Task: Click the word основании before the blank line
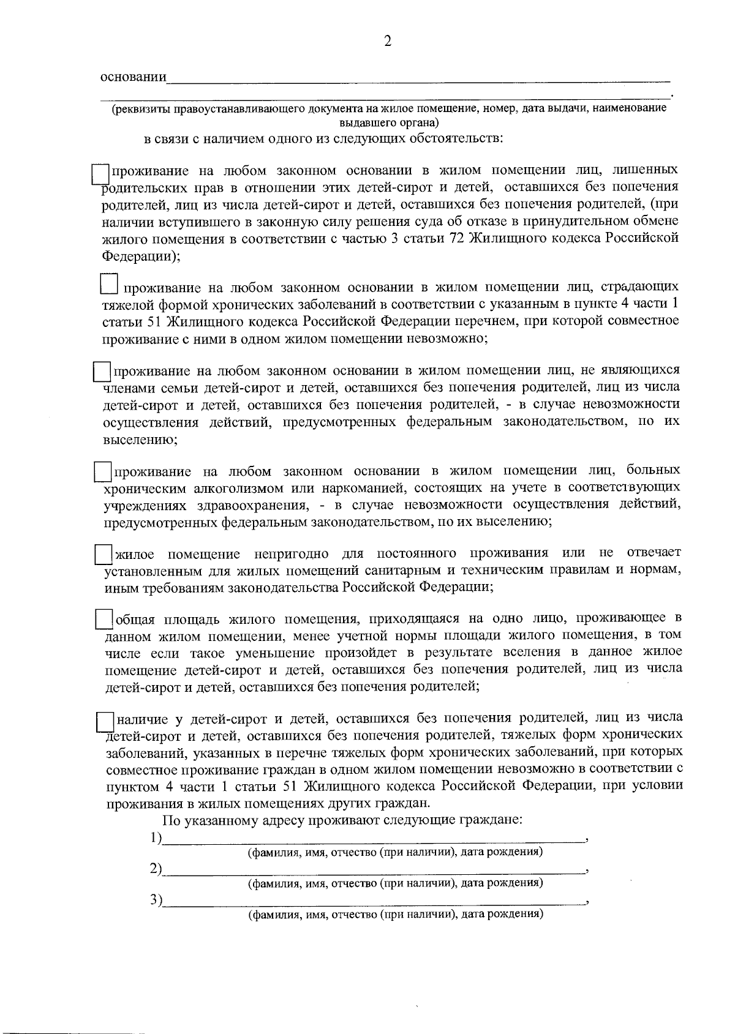[133, 78]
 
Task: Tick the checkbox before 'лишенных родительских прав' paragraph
[99, 173]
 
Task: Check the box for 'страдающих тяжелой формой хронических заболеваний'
[108, 284]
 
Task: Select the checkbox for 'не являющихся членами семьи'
[100, 372]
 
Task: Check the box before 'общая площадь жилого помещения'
[104, 618]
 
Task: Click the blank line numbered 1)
[374, 839]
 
